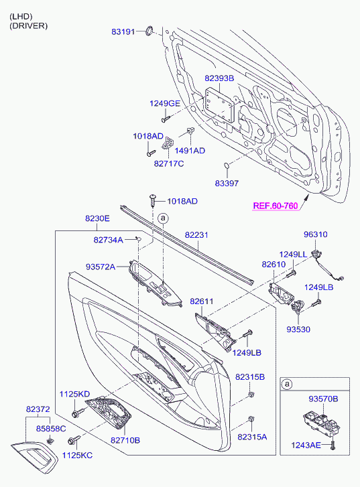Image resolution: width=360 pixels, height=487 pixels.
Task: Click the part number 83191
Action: click(x=123, y=31)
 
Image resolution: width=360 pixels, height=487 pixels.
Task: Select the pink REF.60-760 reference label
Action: click(x=276, y=206)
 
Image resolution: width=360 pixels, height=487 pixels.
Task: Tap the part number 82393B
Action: click(x=219, y=78)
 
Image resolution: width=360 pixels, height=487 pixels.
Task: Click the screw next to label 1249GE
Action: click(x=166, y=119)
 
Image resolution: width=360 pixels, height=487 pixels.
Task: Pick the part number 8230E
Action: click(x=97, y=218)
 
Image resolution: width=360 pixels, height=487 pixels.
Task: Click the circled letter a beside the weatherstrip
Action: click(x=163, y=218)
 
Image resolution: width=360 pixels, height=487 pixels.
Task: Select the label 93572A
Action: click(x=101, y=267)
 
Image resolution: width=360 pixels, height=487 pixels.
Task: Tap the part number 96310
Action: click(x=316, y=234)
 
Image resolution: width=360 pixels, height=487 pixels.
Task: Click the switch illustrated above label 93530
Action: click(x=298, y=307)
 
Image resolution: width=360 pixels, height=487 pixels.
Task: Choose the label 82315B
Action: click(x=250, y=376)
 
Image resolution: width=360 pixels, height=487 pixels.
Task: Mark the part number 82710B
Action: click(x=125, y=440)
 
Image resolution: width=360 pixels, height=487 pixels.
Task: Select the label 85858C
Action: click(x=51, y=429)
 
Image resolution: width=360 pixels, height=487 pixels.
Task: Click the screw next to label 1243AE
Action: click(x=333, y=445)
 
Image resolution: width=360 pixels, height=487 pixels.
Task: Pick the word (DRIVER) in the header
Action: click(x=29, y=25)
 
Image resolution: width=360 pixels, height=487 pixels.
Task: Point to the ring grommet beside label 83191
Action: click(x=149, y=30)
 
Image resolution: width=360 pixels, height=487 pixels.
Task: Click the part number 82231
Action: click(x=196, y=235)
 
